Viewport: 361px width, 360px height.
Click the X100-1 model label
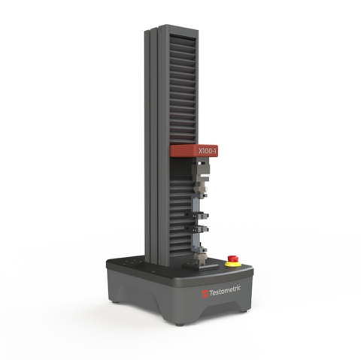pos(208,151)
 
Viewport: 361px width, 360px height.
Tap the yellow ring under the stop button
pos(233,264)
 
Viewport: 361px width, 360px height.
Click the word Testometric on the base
pos(225,291)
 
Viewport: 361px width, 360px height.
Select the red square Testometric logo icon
pos(205,294)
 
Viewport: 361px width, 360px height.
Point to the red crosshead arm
pos(194,151)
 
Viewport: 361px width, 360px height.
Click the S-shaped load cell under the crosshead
pos(201,171)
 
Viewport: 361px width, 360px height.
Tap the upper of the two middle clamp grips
pos(197,215)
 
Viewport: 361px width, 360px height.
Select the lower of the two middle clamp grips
pos(197,228)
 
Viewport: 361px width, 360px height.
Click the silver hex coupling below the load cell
pos(200,187)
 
